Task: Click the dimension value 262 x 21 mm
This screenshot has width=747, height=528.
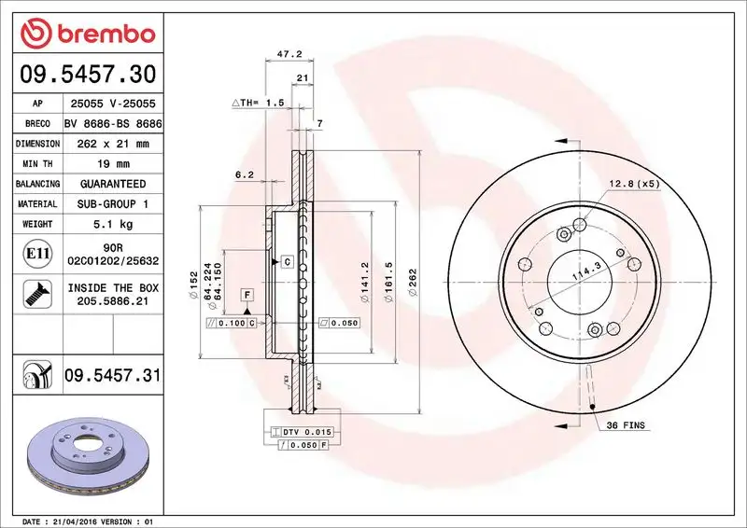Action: pos(112,144)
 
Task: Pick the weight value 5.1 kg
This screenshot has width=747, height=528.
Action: pos(112,224)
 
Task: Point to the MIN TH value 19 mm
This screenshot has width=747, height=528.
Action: pos(112,164)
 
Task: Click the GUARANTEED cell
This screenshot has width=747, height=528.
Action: pos(112,184)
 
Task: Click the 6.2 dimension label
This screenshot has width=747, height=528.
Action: pos(245,174)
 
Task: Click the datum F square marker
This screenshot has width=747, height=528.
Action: pos(247,295)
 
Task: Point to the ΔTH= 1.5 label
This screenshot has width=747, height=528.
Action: pos(257,103)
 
